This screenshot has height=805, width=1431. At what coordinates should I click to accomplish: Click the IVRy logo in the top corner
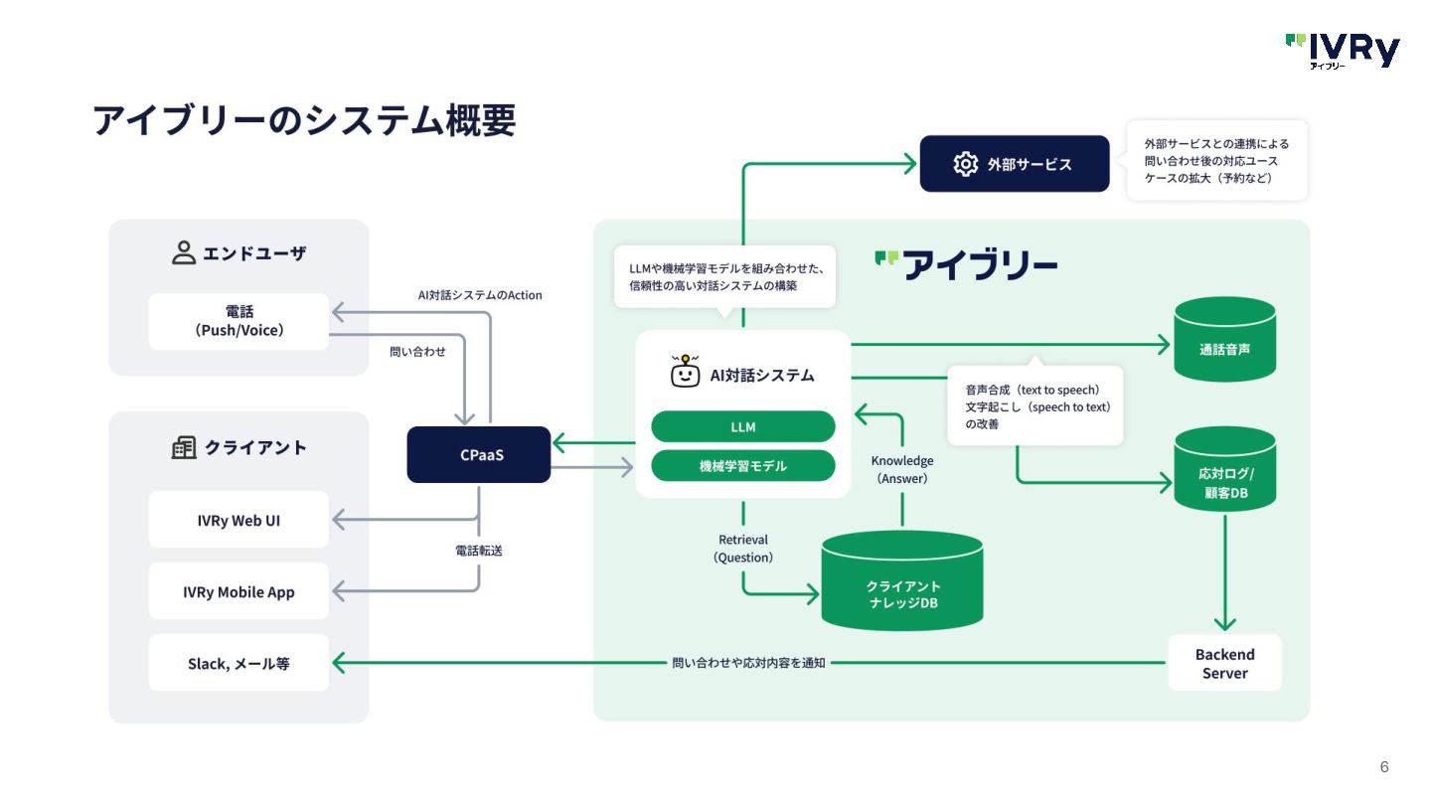coord(1343,51)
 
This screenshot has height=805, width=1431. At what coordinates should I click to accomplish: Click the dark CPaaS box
coord(479,454)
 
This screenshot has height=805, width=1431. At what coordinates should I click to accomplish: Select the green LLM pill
coord(743,426)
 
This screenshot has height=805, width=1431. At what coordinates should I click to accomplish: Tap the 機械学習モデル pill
coord(743,466)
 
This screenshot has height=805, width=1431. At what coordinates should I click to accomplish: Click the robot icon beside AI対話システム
coord(685,371)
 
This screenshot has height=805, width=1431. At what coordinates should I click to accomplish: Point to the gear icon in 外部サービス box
coord(965,164)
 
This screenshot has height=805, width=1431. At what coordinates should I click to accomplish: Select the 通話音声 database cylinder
coord(1224,339)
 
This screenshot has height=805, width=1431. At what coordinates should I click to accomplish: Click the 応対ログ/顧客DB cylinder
coord(1224,469)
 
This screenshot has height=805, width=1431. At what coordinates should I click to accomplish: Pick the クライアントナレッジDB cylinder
coord(902,580)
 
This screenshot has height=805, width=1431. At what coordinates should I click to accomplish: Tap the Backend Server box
coord(1224,663)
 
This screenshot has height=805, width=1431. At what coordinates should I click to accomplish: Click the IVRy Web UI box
coord(238,520)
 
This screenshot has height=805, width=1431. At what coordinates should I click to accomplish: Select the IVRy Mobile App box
coord(238,591)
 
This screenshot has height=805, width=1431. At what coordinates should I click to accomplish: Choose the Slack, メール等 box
coord(238,663)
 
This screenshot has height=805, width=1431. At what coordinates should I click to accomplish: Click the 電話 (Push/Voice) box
coord(238,321)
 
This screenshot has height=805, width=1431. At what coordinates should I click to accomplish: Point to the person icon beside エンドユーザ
coord(183,252)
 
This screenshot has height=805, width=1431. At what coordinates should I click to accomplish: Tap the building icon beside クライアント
coord(184,447)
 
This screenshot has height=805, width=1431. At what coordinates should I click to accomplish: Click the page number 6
coord(1384,766)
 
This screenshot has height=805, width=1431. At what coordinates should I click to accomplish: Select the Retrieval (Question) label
coord(743,549)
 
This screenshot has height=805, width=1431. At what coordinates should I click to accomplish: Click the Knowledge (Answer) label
coord(902,469)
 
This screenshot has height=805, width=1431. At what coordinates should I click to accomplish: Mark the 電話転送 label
coord(479,551)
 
